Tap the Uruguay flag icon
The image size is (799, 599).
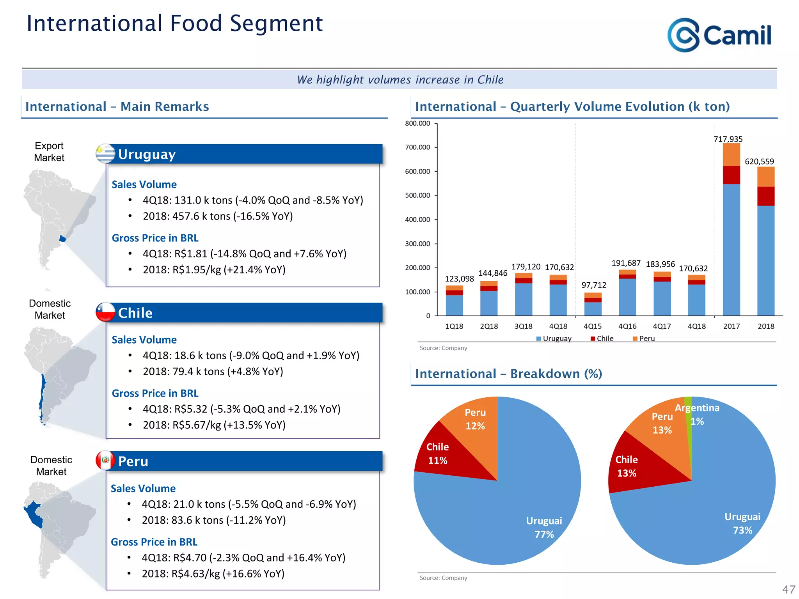click(x=105, y=154)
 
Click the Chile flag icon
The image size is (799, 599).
click(x=105, y=312)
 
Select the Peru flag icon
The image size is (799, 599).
click(x=105, y=461)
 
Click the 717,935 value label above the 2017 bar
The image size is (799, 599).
click(x=728, y=139)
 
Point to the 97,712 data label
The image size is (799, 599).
click(x=594, y=285)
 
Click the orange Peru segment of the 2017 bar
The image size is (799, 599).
click(x=731, y=155)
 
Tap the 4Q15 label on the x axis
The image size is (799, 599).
click(x=593, y=326)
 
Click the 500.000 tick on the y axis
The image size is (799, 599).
click(x=417, y=195)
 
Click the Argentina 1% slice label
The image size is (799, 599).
click(x=697, y=414)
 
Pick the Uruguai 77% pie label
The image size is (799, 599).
click(x=544, y=527)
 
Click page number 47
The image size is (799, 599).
click(x=788, y=589)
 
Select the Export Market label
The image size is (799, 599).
click(x=49, y=152)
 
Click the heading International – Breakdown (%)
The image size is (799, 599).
click(x=508, y=374)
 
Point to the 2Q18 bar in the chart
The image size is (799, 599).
click(x=489, y=298)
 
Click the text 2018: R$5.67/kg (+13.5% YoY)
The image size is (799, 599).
click(x=214, y=425)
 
